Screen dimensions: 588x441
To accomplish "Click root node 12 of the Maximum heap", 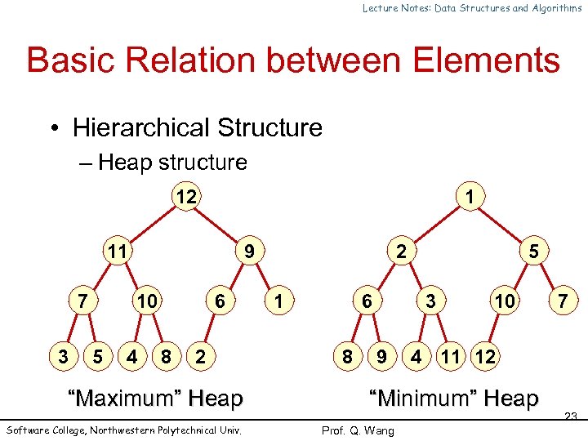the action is (x=185, y=197).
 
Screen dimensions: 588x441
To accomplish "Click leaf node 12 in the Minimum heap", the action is (x=484, y=356).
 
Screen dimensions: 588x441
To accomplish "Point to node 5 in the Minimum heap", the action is (x=533, y=252).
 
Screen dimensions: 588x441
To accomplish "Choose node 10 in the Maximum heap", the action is (x=147, y=301).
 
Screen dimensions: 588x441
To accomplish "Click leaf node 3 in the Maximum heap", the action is (x=64, y=356).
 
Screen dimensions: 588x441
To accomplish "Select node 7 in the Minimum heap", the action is (x=563, y=301).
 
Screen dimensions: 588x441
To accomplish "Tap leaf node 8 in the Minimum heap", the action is (x=348, y=356).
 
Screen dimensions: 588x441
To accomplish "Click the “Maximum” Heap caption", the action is (x=156, y=399).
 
